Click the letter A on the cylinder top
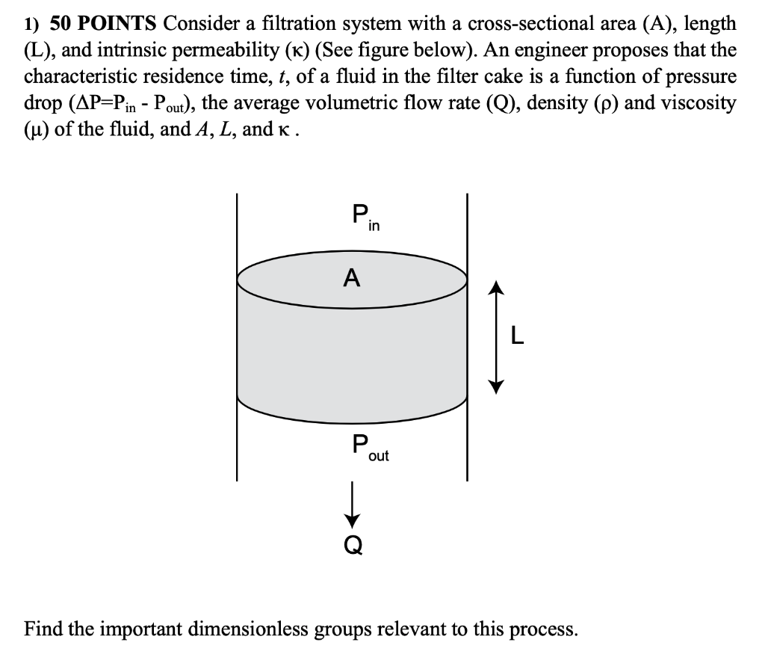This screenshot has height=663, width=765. coord(351,279)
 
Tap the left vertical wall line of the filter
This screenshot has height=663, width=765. coord(238,336)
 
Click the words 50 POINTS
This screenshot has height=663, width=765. coord(103,24)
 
